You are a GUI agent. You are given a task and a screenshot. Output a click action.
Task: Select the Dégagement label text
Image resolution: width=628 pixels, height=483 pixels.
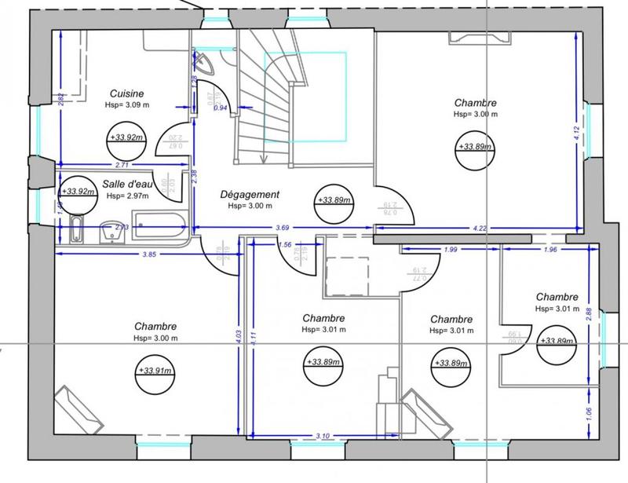pyautogui.click(x=250, y=194)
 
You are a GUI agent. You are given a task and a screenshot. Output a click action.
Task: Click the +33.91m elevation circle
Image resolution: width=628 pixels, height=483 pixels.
pyautogui.click(x=155, y=371)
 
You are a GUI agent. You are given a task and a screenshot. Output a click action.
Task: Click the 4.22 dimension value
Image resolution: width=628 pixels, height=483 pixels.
pyautogui.click(x=480, y=228)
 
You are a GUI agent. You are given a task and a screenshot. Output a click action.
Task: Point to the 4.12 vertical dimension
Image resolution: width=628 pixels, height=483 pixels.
pyautogui.click(x=577, y=134)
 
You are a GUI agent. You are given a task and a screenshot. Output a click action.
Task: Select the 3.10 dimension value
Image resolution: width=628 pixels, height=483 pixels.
pyautogui.click(x=322, y=435)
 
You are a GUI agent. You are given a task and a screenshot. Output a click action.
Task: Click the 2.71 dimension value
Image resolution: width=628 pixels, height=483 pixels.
pyautogui.click(x=122, y=165)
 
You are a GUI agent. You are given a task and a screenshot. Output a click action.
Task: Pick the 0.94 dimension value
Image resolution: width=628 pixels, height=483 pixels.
pyautogui.click(x=221, y=108)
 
